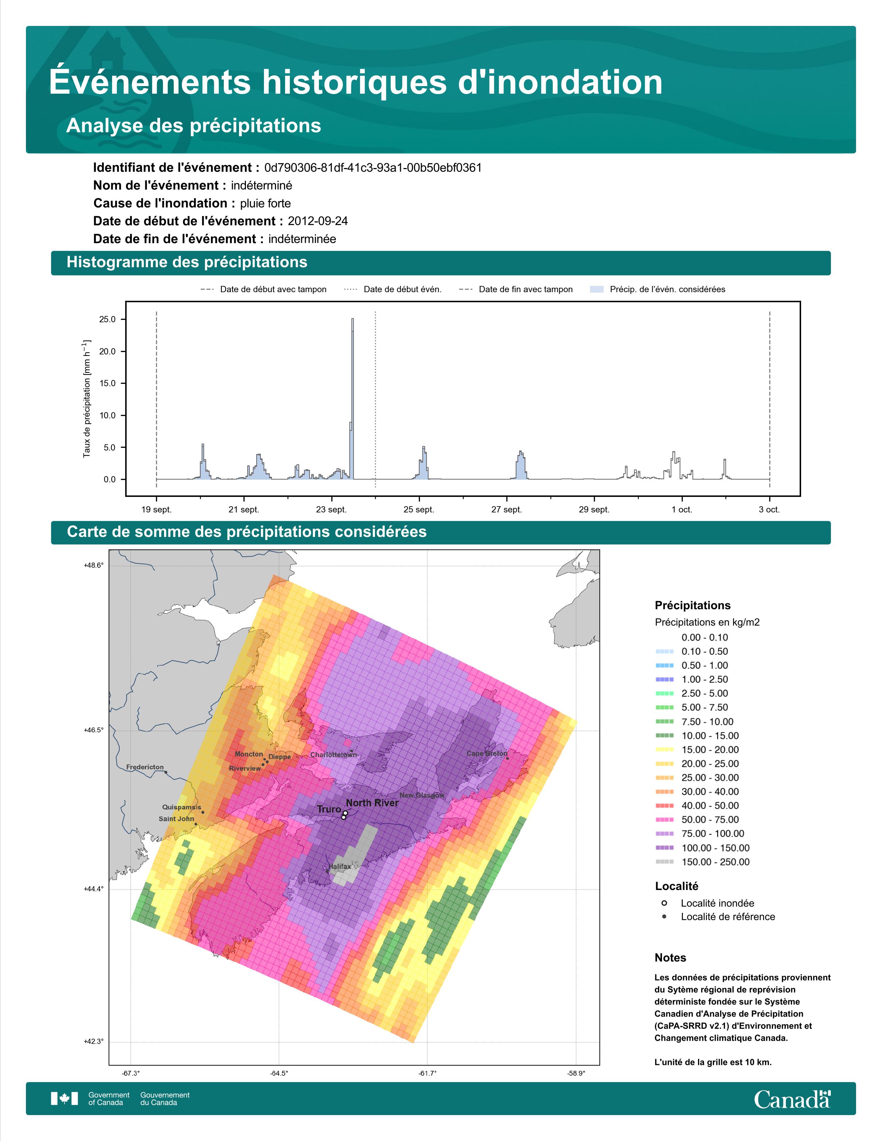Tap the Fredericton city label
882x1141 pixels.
click(x=145, y=767)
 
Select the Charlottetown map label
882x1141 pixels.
click(x=333, y=755)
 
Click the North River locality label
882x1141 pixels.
click(x=372, y=803)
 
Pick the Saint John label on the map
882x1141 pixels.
click(x=176, y=819)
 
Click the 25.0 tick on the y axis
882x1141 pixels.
click(x=108, y=319)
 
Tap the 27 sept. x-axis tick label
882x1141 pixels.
click(x=506, y=509)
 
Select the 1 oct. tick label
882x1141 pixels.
click(x=682, y=509)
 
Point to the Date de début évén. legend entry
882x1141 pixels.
click(x=393, y=289)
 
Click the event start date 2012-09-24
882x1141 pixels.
click(x=318, y=221)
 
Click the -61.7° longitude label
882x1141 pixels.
click(x=428, y=1073)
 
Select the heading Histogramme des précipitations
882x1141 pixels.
click(x=187, y=262)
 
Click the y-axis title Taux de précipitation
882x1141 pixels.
click(x=87, y=399)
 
